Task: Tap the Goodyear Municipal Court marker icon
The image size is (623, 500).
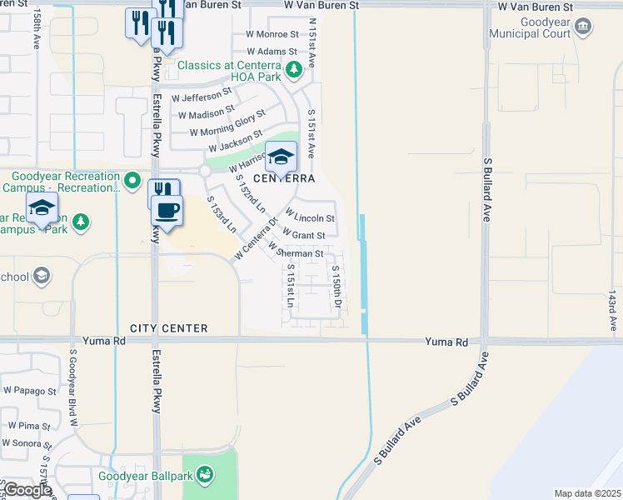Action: point(584,27)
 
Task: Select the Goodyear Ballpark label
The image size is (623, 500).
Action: point(146,476)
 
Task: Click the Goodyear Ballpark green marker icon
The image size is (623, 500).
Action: point(204,476)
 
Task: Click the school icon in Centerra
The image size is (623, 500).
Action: point(282,156)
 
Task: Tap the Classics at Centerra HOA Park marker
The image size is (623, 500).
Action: point(292,72)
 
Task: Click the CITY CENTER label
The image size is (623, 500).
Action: point(168,328)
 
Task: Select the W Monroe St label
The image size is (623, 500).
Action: point(272,34)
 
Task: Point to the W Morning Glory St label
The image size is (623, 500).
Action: point(227,123)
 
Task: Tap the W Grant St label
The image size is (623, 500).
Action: point(303,235)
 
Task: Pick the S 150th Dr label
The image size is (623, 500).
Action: point(336,286)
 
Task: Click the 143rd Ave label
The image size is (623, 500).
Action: point(611,309)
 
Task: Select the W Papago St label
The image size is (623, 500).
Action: point(29,390)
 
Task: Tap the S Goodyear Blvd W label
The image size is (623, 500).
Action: point(73,387)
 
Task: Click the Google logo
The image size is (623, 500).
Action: point(27,489)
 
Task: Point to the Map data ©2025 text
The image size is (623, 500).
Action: point(586,493)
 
